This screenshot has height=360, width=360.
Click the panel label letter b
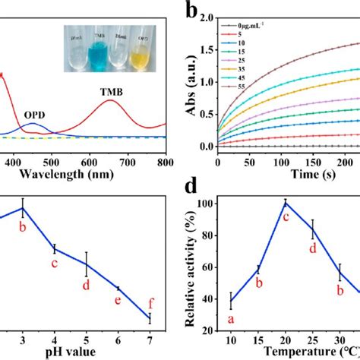[x=194, y=11]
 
